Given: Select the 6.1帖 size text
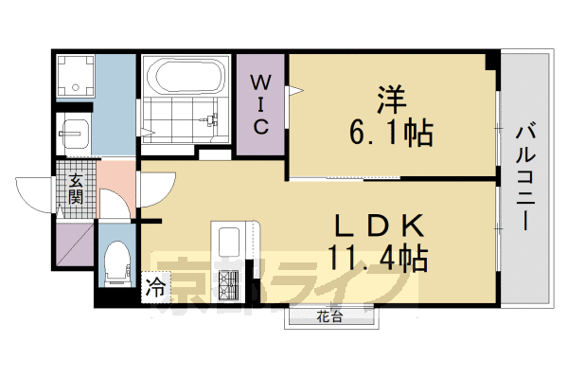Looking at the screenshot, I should [x=390, y=134].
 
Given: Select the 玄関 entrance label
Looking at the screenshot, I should [x=75, y=189].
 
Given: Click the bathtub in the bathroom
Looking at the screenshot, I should [x=186, y=75].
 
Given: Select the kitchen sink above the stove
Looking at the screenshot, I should [x=229, y=243].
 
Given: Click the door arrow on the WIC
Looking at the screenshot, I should [x=296, y=91].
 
